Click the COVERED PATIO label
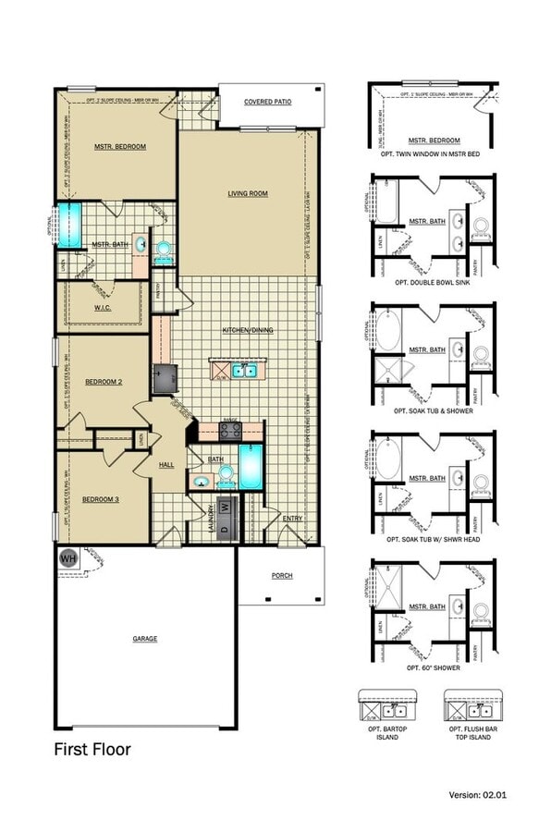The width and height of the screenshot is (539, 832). coord(267,102)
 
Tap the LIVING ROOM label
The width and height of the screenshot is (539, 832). coord(248,193)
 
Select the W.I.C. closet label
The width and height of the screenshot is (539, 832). coord(102,308)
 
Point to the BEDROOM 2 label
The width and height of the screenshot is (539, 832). coord(104,381)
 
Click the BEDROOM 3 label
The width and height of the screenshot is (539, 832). coord(101,499)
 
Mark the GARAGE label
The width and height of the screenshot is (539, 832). coord(144,638)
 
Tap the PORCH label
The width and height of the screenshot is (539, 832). coord(281,575)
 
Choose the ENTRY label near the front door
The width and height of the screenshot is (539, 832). coord(292,519)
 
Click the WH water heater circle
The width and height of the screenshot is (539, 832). coord(67,558)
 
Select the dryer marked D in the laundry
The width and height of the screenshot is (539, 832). coord(222,509)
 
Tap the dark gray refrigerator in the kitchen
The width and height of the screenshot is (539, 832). coord(164,378)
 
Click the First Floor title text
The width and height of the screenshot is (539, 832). coord(92,750)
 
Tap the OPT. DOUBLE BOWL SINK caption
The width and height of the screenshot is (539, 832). coord(432,281)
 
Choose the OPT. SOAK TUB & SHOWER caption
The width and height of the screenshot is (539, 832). coord(432,410)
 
